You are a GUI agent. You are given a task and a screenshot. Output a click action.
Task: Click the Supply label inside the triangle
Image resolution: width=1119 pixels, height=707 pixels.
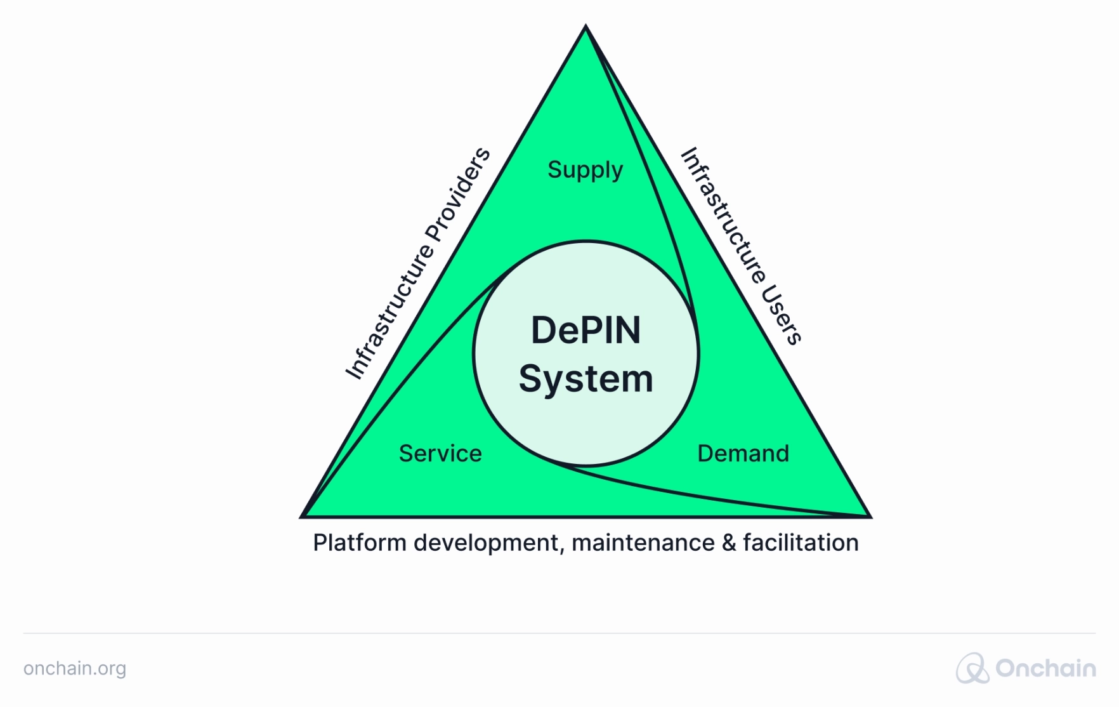(x=585, y=170)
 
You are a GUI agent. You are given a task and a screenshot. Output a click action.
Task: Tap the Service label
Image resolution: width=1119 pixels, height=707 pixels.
(x=440, y=454)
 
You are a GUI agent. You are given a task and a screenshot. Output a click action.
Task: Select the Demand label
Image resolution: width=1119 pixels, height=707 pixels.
(x=743, y=454)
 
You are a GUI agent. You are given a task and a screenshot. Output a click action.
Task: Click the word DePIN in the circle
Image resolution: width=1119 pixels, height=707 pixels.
(x=586, y=331)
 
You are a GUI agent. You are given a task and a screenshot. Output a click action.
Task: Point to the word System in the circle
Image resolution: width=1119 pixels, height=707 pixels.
(x=586, y=379)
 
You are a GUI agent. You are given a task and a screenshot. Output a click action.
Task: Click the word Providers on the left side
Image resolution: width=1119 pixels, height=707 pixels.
(x=458, y=194)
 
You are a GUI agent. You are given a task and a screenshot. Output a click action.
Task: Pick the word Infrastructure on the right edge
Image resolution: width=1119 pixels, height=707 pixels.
(x=723, y=216)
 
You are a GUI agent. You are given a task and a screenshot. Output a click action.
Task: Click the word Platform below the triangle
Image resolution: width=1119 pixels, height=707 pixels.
(x=360, y=543)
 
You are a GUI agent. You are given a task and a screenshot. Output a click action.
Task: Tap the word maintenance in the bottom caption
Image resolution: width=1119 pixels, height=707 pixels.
(x=643, y=543)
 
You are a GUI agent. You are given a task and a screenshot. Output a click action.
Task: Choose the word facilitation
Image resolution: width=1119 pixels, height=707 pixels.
(x=801, y=543)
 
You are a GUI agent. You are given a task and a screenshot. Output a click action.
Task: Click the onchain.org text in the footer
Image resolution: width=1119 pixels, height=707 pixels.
(x=75, y=668)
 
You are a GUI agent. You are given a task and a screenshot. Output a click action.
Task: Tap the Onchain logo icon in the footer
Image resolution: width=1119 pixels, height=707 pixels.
(x=972, y=668)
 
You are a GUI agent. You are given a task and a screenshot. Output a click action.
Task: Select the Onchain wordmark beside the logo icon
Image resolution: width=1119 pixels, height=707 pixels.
(x=1045, y=668)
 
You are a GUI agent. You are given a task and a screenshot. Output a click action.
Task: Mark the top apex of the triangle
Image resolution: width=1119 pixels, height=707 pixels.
(x=586, y=27)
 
